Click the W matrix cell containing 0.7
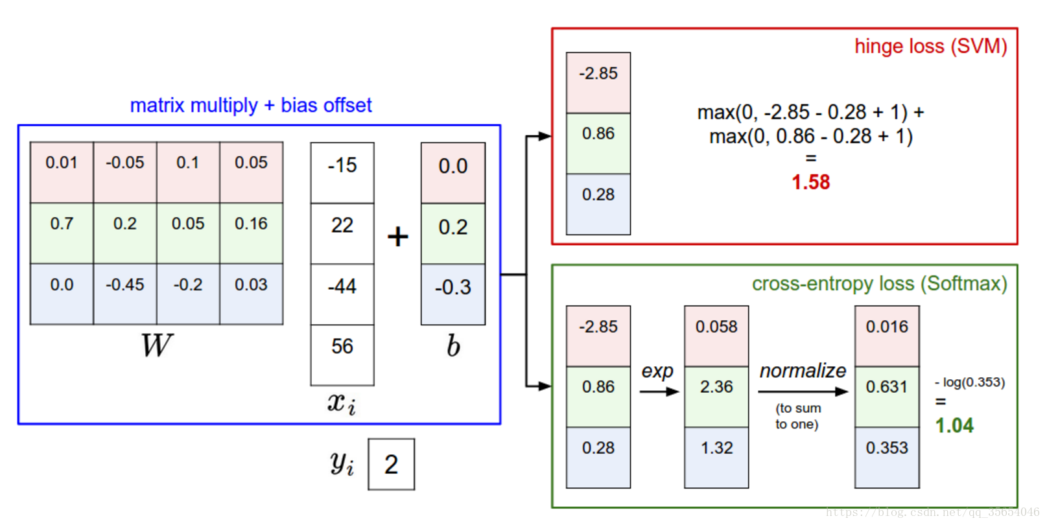[x=62, y=224]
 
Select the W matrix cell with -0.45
[x=125, y=285]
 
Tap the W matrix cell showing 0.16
[x=251, y=224]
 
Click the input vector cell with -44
[x=342, y=286]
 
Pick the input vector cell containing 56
[x=342, y=347]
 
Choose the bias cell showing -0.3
[x=453, y=287]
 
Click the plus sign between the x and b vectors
[x=397, y=237]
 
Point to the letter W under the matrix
[x=157, y=345]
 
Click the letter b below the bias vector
[x=453, y=346]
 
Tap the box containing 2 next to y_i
[x=391, y=464]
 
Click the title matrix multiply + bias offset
[x=251, y=105]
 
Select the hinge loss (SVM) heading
[x=930, y=47]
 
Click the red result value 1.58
[x=810, y=182]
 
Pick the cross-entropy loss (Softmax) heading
[x=879, y=284]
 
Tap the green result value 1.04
[x=954, y=426]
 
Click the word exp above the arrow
[x=657, y=371]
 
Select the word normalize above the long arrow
[x=803, y=371]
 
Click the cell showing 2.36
[x=716, y=388]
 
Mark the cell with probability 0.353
[x=887, y=449]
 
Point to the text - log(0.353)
[x=970, y=382]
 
